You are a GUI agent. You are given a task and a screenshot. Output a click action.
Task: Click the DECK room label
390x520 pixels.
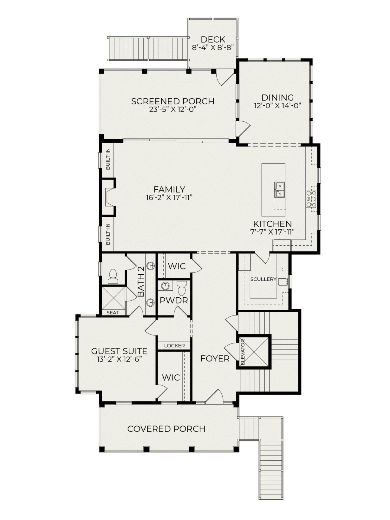click(x=213, y=40)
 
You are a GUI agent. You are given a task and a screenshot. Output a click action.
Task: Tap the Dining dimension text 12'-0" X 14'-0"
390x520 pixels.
click(x=278, y=106)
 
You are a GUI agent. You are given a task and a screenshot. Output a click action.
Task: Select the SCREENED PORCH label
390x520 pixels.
click(x=173, y=101)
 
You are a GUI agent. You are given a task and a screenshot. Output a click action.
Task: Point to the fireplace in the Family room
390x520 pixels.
click(x=108, y=197)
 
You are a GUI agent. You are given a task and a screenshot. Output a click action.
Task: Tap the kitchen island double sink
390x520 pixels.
click(x=279, y=189)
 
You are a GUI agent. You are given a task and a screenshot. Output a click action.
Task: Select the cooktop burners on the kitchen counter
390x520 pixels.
click(x=311, y=199)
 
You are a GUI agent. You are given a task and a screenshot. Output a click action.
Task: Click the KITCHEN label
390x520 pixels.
click(x=272, y=224)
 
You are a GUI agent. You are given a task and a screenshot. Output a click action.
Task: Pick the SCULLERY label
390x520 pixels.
click(x=263, y=279)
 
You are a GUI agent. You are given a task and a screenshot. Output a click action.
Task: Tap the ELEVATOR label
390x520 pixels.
click(x=243, y=352)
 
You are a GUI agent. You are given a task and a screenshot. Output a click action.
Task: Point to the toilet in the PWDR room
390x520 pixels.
click(x=182, y=288)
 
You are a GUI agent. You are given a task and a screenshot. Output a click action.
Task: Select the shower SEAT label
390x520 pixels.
click(x=113, y=313)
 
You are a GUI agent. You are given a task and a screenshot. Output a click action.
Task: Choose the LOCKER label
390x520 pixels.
click(x=174, y=346)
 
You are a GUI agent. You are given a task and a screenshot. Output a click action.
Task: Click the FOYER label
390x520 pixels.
click(x=215, y=359)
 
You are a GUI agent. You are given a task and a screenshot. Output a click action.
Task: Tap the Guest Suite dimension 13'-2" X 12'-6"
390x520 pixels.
click(x=119, y=359)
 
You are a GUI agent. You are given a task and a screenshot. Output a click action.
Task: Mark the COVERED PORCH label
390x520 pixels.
click(x=166, y=429)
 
